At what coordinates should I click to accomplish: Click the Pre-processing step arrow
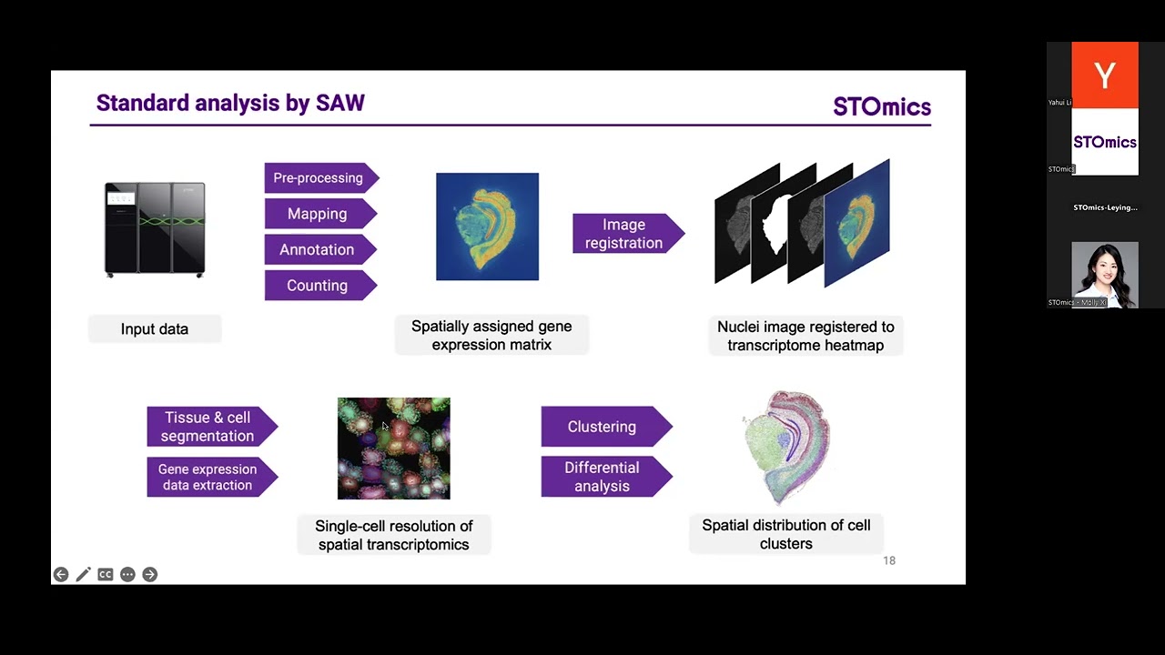(x=319, y=177)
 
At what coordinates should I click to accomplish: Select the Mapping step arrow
(x=318, y=214)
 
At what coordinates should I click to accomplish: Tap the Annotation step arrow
(x=318, y=249)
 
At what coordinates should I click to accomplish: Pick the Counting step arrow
(x=318, y=286)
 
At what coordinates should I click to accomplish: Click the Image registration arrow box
(x=625, y=234)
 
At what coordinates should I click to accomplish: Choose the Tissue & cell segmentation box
(x=208, y=427)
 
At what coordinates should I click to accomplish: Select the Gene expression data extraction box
(x=208, y=477)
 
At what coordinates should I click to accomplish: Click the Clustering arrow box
(x=603, y=427)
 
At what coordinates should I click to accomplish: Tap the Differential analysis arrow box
(x=603, y=477)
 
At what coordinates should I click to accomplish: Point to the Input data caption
(x=155, y=329)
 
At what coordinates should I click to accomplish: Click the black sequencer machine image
(x=155, y=228)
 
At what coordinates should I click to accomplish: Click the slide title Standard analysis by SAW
(x=230, y=103)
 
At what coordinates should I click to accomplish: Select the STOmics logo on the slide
(x=882, y=107)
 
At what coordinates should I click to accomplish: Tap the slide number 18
(x=889, y=560)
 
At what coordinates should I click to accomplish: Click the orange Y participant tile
(x=1105, y=75)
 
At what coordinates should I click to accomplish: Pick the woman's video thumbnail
(x=1105, y=274)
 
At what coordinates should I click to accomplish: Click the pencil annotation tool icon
(x=83, y=574)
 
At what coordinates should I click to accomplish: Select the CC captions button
(x=106, y=574)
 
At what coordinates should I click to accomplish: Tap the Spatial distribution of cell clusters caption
(x=786, y=534)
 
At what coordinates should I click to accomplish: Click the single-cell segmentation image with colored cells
(x=394, y=448)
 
